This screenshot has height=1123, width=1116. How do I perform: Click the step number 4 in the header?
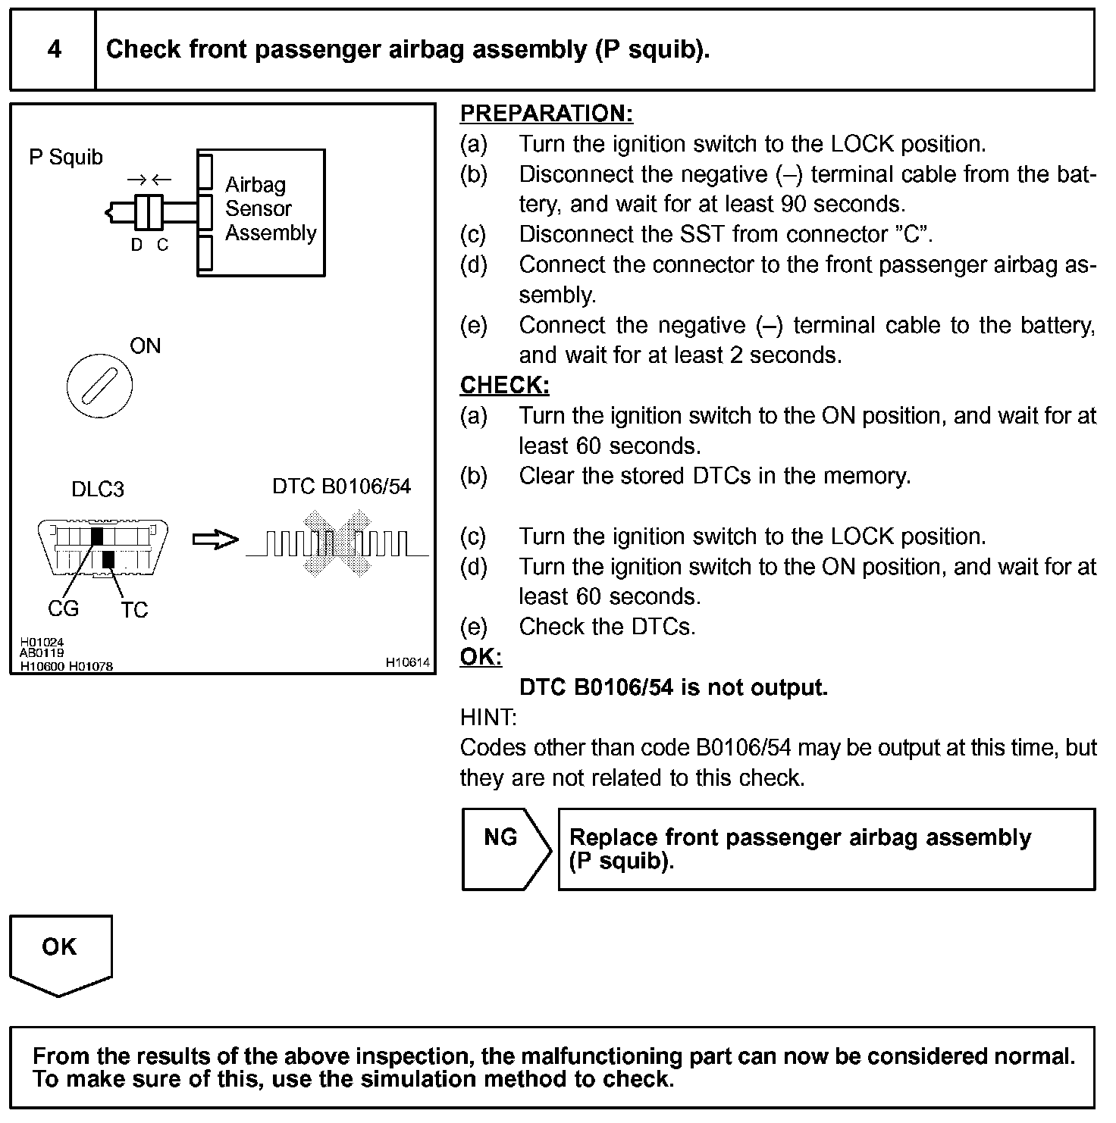tap(54, 50)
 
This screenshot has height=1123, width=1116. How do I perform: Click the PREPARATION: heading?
tap(546, 114)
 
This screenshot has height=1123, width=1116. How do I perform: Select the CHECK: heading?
tap(504, 386)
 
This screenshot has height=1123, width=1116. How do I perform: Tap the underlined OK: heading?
tap(481, 657)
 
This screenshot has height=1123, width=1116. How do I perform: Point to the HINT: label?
tap(487, 717)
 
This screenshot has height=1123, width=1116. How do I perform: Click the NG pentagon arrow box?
tap(504, 848)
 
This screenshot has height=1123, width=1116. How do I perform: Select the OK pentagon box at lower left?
tap(60, 953)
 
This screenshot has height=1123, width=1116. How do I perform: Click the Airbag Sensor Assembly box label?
tap(270, 208)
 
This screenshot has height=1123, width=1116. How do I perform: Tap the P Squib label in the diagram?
tap(65, 157)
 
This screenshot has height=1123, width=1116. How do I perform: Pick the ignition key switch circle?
tap(99, 388)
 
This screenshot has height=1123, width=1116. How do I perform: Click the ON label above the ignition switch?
tap(146, 346)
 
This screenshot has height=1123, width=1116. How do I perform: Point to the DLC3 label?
tap(97, 490)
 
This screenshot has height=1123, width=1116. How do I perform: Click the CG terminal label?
tap(63, 608)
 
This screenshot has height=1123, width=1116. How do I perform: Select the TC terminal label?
tap(134, 610)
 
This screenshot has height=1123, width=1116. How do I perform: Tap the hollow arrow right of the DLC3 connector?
tap(215, 540)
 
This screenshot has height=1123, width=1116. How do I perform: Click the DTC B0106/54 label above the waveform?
tap(341, 486)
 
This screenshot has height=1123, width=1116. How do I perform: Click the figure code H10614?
tap(407, 662)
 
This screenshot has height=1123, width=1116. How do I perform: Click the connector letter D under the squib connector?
tap(136, 246)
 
